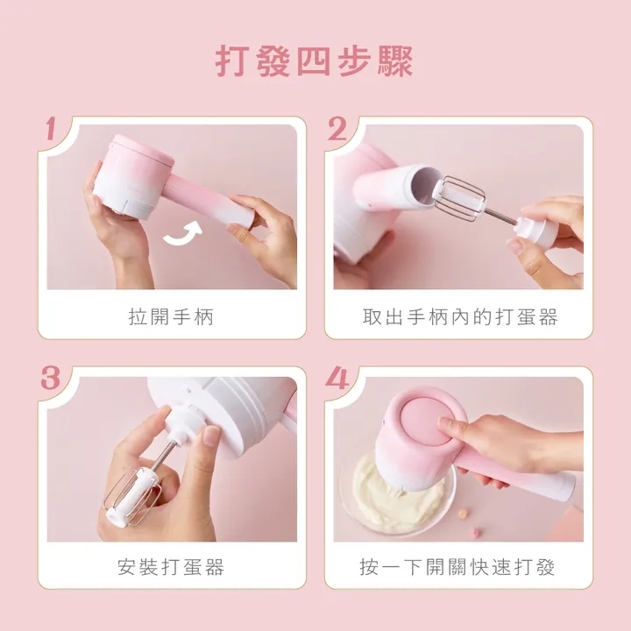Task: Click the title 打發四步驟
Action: (x=315, y=62)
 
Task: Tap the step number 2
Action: (x=337, y=131)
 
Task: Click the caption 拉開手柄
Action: (x=172, y=317)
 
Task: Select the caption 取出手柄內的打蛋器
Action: (x=459, y=317)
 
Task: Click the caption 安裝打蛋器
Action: (x=172, y=567)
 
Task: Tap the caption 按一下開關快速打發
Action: (x=459, y=567)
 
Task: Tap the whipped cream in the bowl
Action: (x=390, y=491)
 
